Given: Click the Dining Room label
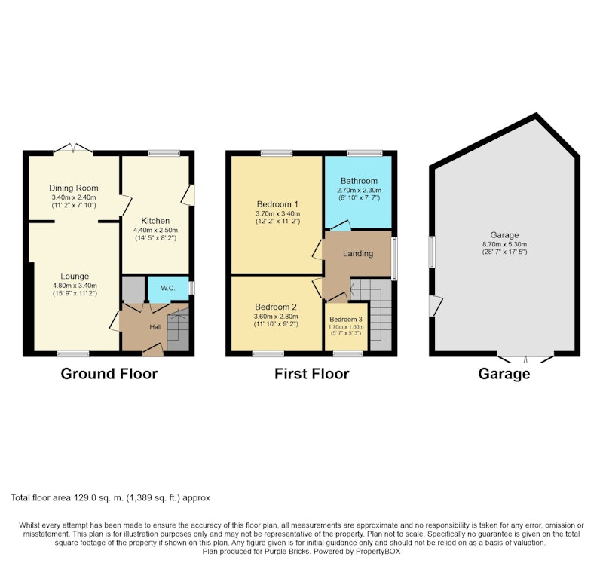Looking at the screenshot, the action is (73, 188).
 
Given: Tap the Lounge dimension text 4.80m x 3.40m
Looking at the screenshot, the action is (75, 286).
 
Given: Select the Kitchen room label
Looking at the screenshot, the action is (155, 221).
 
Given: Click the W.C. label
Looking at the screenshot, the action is (168, 288).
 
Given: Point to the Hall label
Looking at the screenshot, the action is (155, 327).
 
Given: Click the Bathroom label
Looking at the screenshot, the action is (359, 181).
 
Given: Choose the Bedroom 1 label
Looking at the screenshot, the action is (277, 204).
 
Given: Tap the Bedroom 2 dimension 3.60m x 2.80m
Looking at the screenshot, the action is (276, 317).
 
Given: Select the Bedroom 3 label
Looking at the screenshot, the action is (346, 319).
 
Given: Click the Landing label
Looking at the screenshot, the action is (358, 253).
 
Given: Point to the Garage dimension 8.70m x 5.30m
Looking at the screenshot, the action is (504, 244).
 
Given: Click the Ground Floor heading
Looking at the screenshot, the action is (109, 374).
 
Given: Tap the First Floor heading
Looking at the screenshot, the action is (312, 374).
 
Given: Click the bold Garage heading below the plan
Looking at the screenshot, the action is (504, 374).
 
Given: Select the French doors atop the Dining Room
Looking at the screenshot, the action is (73, 148).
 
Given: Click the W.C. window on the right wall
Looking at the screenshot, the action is (191, 289).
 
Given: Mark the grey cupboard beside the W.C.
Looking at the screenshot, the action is (133, 289).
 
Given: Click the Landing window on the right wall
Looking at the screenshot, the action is (394, 258).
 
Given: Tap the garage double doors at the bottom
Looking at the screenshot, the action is (525, 357).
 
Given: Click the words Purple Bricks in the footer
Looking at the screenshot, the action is (287, 552).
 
